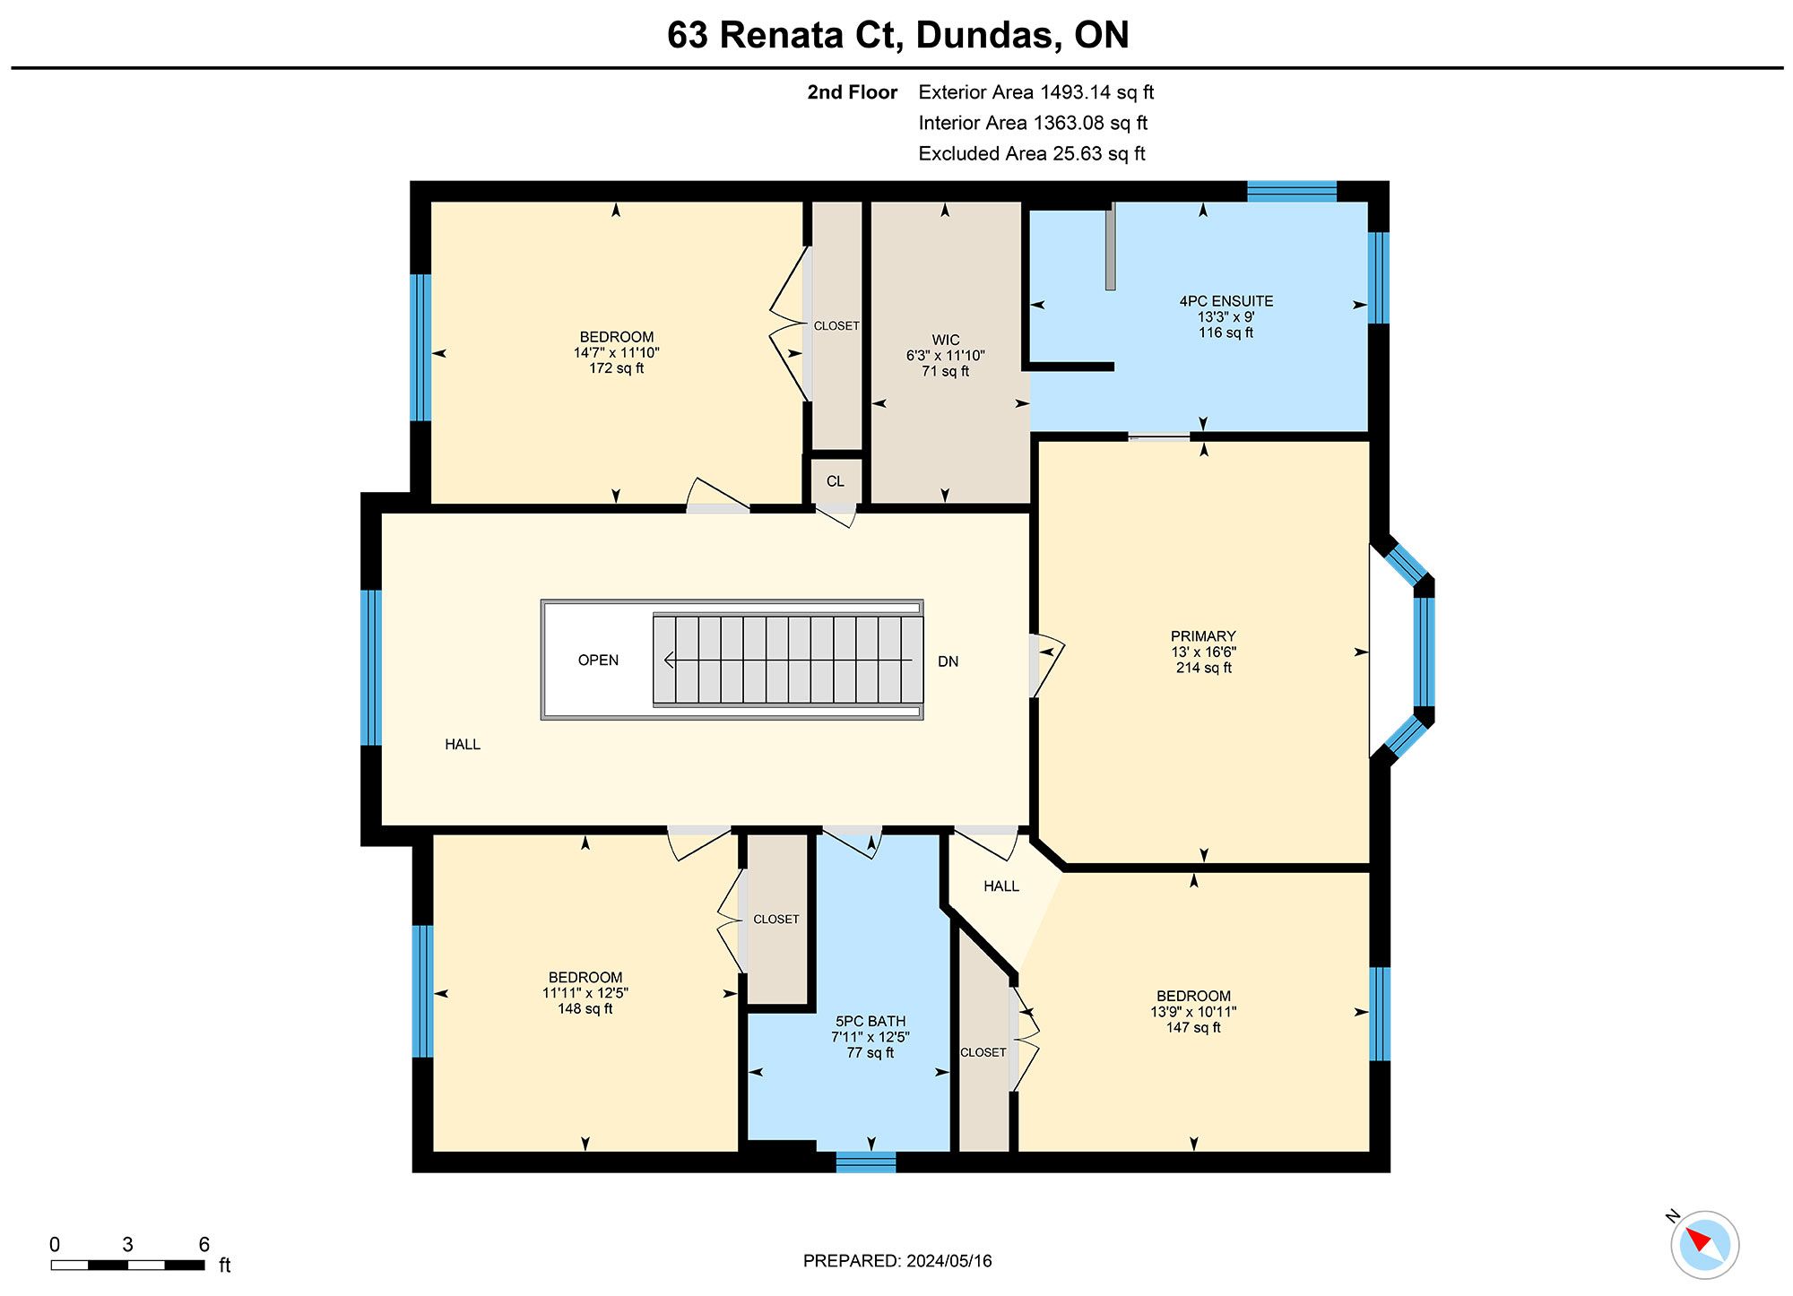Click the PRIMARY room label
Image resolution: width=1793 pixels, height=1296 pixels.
click(x=1203, y=636)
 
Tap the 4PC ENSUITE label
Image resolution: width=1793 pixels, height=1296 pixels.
click(x=1226, y=301)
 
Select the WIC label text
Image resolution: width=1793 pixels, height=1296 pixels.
click(x=946, y=340)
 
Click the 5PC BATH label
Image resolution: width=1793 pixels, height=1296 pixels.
click(x=871, y=1021)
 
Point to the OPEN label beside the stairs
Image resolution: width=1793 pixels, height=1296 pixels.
click(x=598, y=660)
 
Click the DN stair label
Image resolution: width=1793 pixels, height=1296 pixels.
click(x=948, y=661)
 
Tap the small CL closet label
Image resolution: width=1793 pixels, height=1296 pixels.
click(x=836, y=481)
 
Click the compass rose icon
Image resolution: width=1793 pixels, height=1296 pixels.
click(x=1704, y=1244)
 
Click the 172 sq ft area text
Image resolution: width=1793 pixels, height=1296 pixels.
click(x=616, y=368)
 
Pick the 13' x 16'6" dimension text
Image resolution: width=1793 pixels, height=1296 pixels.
click(x=1204, y=652)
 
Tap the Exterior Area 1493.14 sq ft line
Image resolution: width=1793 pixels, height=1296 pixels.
click(x=1035, y=92)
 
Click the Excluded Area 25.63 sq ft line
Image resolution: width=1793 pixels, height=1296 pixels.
click(x=1032, y=153)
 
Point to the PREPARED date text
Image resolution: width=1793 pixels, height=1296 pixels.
click(x=897, y=1261)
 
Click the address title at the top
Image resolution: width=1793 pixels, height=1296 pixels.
click(x=897, y=35)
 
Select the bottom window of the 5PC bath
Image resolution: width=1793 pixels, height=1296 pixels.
click(x=866, y=1162)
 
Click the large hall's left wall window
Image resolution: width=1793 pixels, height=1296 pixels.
click(x=370, y=668)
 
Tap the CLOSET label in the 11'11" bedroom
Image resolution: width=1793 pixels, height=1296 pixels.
click(x=776, y=920)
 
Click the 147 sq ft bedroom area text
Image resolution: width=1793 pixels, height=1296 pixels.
click(x=1193, y=1028)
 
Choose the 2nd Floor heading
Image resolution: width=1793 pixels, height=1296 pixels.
click(x=852, y=92)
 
